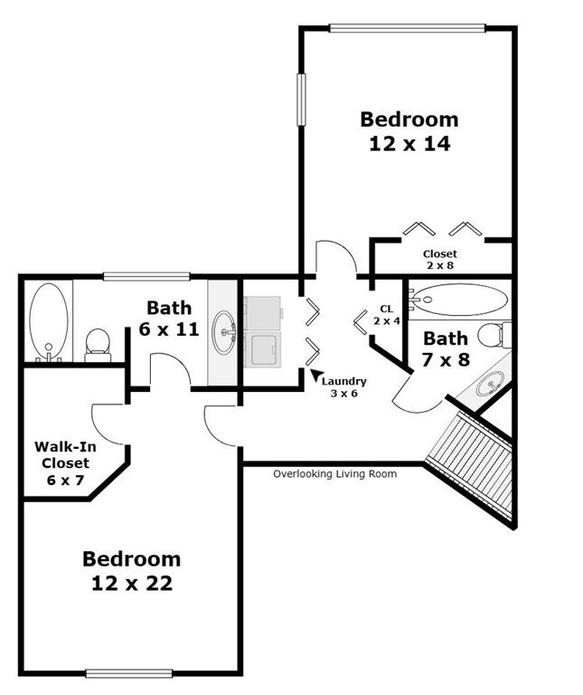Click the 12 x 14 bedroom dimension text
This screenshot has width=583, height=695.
point(409,144)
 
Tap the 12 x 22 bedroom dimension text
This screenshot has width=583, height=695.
point(132,583)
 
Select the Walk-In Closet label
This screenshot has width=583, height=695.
point(65,462)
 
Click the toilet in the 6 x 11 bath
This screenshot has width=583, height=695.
point(98,346)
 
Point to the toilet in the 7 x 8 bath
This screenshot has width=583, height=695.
point(494,334)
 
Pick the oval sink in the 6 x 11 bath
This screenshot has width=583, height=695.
point(224,332)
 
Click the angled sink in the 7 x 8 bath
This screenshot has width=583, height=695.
point(490,384)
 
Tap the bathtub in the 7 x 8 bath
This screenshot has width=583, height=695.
point(459,300)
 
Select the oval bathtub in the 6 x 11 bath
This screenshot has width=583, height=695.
point(49,322)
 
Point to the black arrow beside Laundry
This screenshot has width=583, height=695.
point(316,375)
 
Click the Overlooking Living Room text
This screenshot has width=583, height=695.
point(334,474)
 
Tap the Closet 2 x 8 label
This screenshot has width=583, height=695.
point(439,260)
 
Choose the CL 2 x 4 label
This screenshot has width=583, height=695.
point(387,315)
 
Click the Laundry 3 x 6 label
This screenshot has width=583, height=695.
point(344,387)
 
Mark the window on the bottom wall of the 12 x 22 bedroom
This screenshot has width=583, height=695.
point(128,673)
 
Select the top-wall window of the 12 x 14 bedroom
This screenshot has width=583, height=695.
point(408,28)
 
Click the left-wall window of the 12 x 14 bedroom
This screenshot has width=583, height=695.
point(301,100)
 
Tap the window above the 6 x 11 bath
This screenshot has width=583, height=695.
point(146,277)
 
